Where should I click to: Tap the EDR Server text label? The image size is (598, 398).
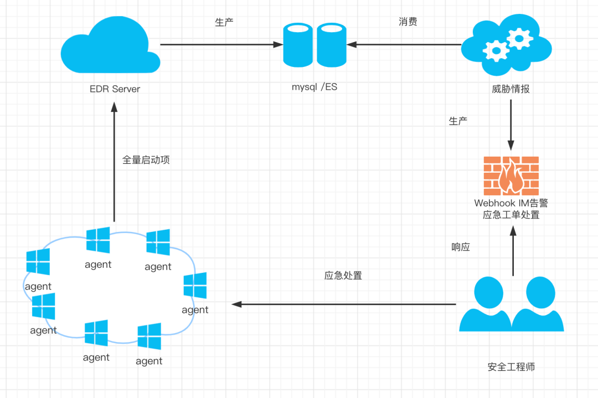click(115, 89)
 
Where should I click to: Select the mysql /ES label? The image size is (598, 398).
click(315, 86)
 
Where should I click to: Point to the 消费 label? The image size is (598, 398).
click(408, 22)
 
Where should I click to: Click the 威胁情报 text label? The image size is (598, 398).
click(511, 89)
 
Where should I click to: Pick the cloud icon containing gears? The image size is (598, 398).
click(507, 47)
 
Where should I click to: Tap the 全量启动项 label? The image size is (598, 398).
click(146, 160)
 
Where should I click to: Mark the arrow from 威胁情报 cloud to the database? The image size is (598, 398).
click(407, 44)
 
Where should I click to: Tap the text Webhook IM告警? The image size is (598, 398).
click(511, 203)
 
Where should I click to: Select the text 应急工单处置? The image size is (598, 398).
click(511, 215)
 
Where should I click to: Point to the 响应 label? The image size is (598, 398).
click(461, 247)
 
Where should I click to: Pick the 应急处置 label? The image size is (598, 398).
click(343, 275)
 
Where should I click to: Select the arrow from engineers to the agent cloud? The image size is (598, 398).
click(343, 304)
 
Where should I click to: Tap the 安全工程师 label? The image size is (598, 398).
click(511, 366)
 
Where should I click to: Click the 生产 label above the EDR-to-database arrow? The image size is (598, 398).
click(224, 22)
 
